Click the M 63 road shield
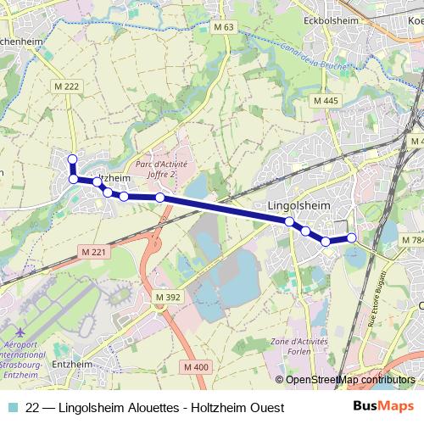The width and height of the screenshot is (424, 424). (x=224, y=27)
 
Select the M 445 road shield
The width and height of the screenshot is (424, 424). (x=325, y=101)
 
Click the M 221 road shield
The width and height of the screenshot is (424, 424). (x=94, y=252)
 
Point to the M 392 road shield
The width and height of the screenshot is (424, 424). (x=168, y=297)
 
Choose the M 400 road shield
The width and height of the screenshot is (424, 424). (x=195, y=367)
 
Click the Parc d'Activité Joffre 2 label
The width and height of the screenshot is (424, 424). (x=162, y=170)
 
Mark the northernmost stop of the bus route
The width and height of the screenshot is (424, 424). (x=73, y=159)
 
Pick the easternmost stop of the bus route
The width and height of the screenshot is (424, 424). (x=352, y=237)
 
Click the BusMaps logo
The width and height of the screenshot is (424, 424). (x=383, y=407)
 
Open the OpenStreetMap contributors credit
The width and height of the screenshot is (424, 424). (x=350, y=380)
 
